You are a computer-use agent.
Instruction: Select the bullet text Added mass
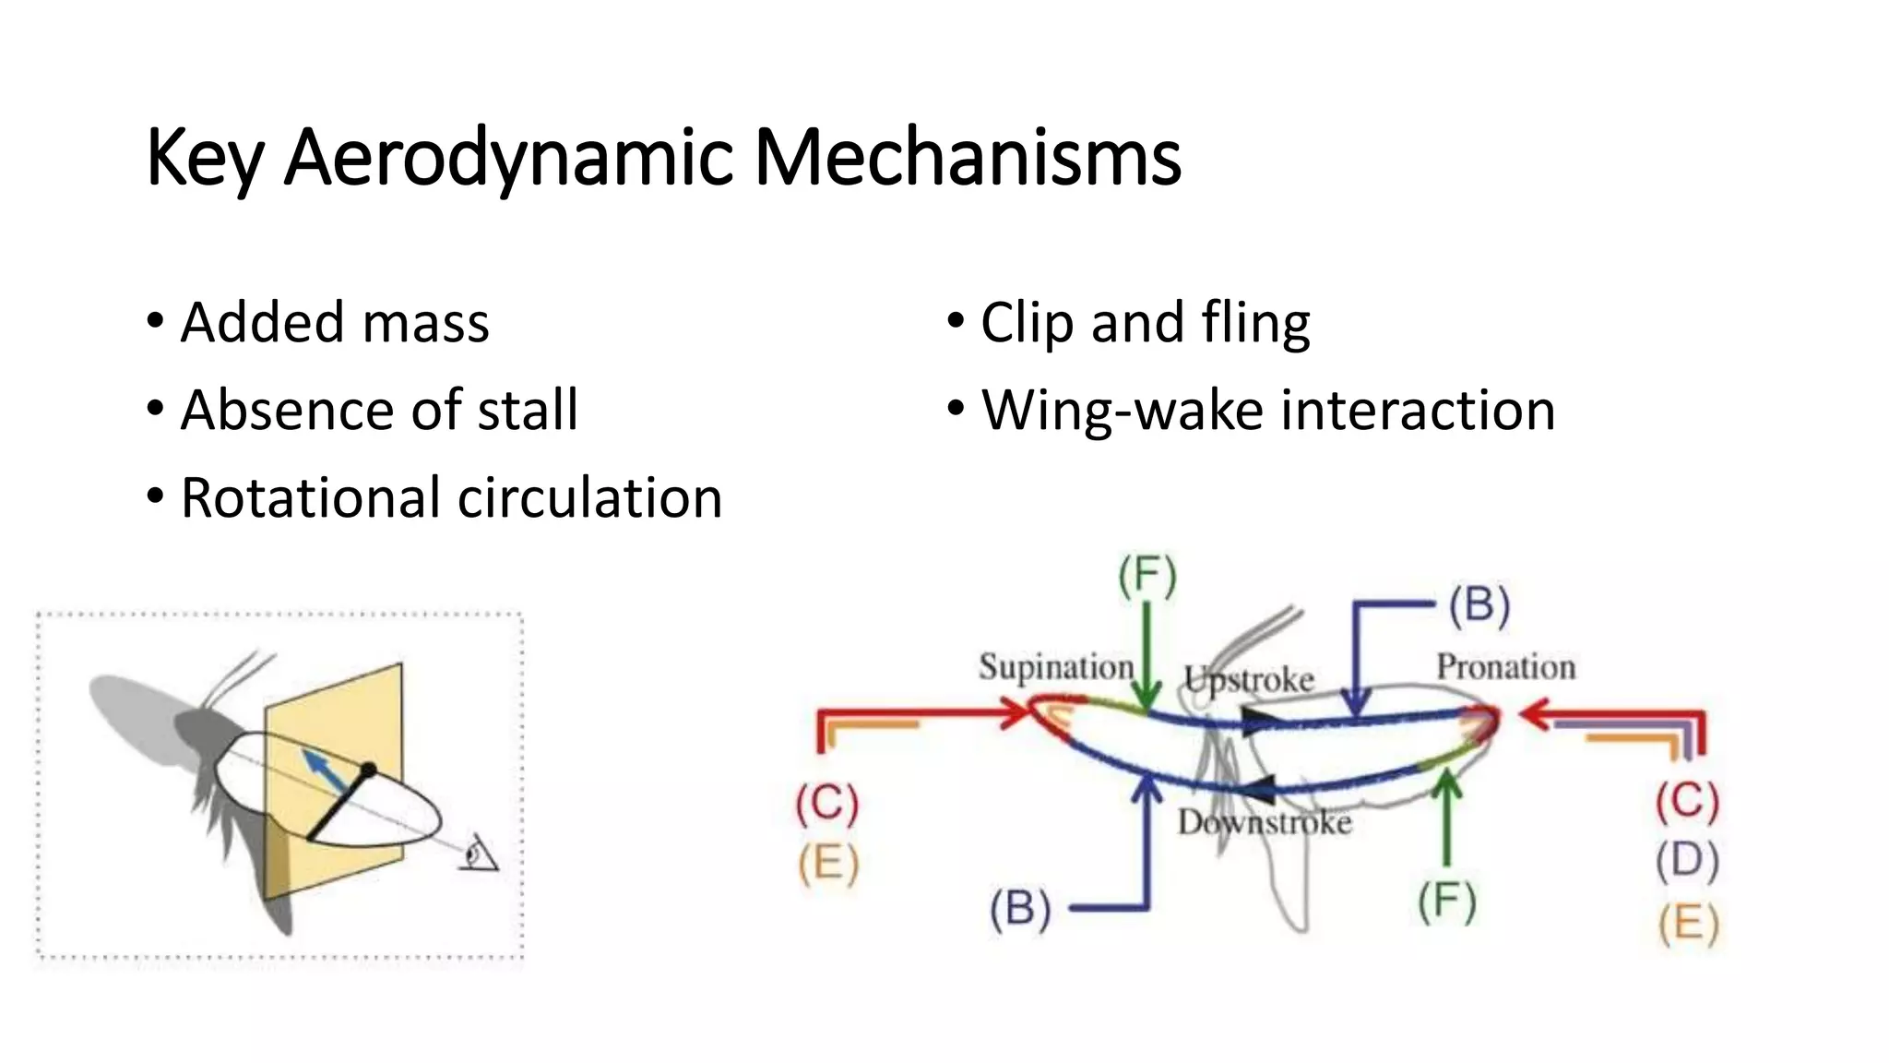click(x=335, y=323)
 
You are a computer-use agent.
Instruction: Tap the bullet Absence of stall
click(x=379, y=410)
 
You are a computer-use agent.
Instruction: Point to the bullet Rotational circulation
click(x=451, y=498)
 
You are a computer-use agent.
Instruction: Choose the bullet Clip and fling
click(x=1145, y=323)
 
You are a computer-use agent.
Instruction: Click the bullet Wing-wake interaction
click(x=1267, y=410)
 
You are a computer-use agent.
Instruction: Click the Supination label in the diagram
click(x=1055, y=666)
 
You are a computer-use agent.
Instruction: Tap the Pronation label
click(x=1505, y=666)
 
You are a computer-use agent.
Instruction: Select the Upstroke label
click(x=1249, y=680)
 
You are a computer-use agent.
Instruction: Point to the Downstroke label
click(x=1264, y=822)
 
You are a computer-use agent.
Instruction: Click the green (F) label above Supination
click(x=1147, y=577)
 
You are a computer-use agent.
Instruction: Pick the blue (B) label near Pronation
click(x=1479, y=606)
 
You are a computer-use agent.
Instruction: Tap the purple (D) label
click(x=1687, y=860)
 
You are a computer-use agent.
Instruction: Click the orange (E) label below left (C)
click(x=828, y=865)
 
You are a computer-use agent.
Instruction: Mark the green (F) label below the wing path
click(x=1446, y=902)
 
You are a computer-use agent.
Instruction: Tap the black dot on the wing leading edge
click(x=368, y=770)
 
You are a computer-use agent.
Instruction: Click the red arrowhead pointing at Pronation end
click(x=1532, y=714)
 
